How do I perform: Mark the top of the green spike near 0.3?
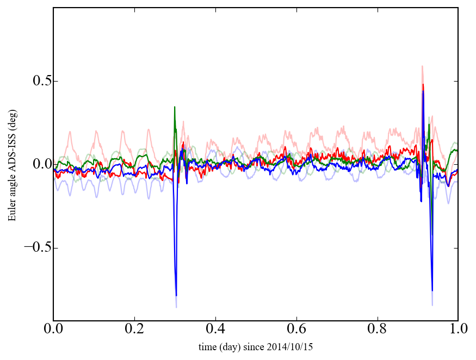point(175,107)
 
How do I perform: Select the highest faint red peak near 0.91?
point(422,66)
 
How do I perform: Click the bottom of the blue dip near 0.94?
point(432,291)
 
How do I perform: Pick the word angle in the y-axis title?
point(12,185)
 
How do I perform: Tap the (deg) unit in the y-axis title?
point(12,119)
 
